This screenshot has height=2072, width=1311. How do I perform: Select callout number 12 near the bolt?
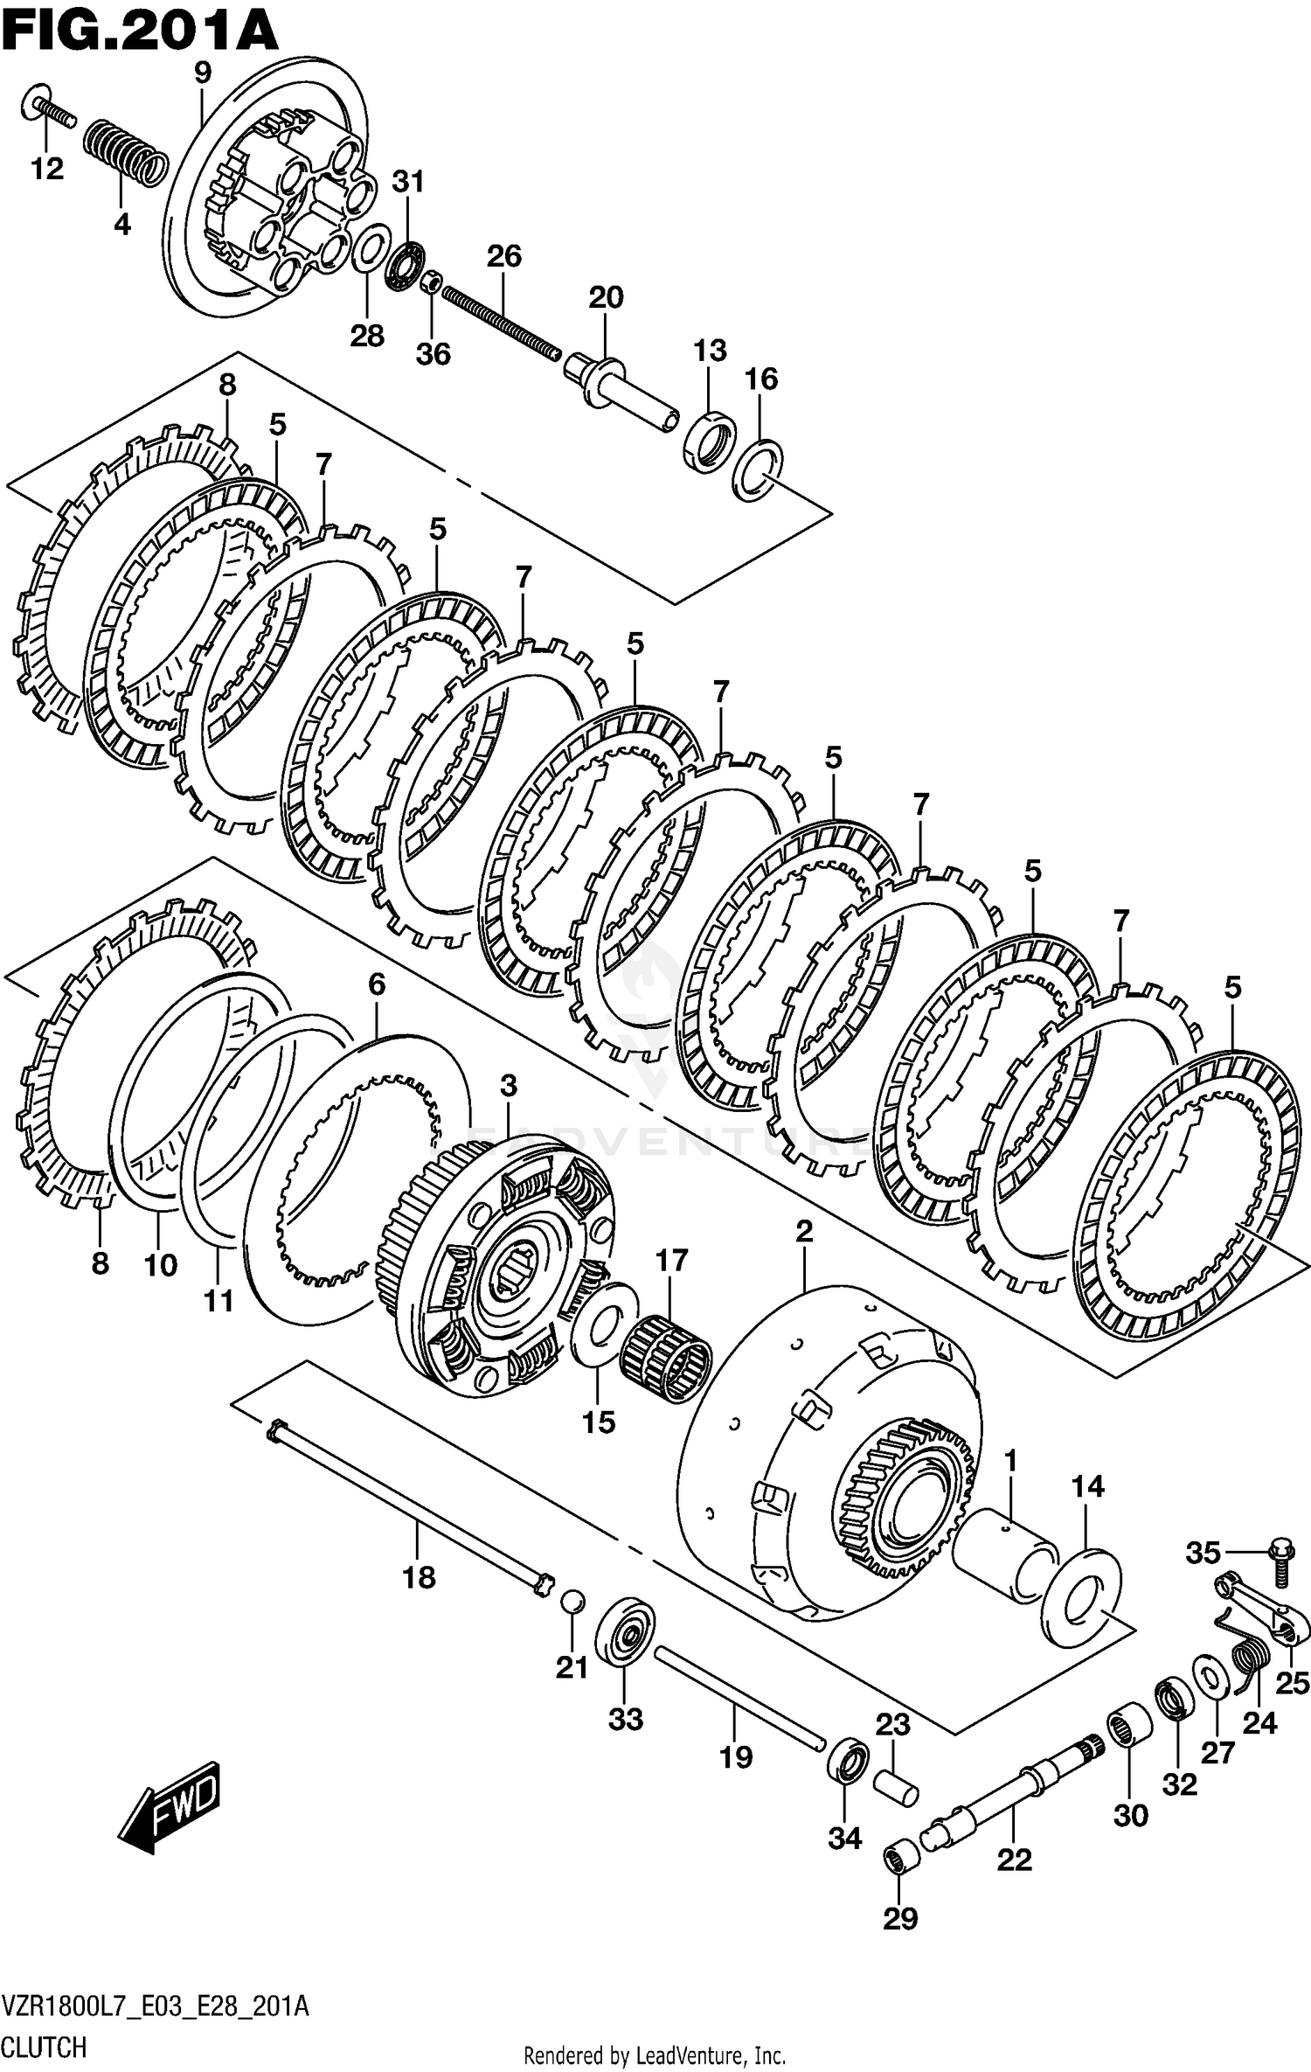coord(47,169)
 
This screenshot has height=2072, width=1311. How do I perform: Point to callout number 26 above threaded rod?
coord(503,256)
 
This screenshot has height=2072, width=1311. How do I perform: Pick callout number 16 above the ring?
coord(760,379)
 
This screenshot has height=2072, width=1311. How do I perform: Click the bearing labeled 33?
coord(625,1631)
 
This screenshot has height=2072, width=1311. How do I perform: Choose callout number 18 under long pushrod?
coord(419,1578)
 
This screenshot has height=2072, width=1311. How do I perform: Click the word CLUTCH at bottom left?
coord(44,2047)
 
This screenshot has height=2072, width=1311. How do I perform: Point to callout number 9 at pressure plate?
coord(203,73)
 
